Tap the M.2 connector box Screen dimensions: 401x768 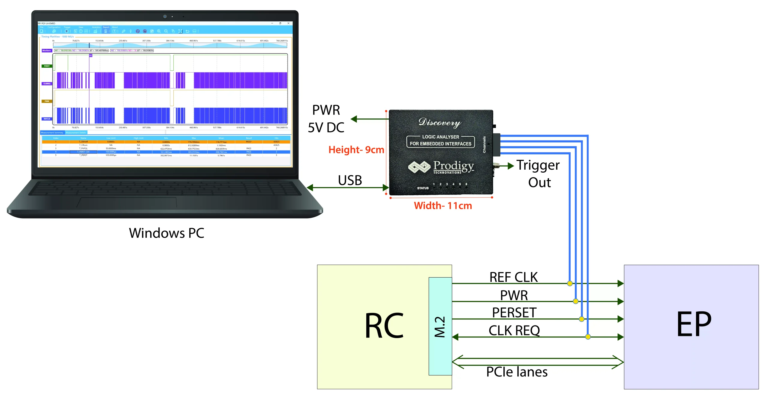pos(440,326)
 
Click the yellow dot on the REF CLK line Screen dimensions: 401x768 pos(570,283)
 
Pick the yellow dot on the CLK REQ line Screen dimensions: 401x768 pos(588,337)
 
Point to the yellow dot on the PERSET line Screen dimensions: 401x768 pos(582,319)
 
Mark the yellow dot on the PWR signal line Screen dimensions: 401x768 pos(575,301)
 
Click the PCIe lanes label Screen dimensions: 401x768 pos(517,372)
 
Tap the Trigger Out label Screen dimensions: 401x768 pos(538,174)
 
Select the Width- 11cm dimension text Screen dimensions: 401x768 pos(443,206)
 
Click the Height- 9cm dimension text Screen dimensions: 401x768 pos(356,150)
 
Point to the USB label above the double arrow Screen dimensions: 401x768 pos(350,180)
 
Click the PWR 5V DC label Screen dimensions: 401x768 pos(326,119)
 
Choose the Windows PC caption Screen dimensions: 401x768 pos(166,233)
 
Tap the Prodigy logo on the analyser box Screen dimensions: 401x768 pos(441,167)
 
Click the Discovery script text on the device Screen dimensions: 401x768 pos(440,122)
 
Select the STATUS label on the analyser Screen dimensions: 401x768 pos(423,188)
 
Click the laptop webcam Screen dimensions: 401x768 pos(165,16)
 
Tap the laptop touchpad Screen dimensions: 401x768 pos(127,203)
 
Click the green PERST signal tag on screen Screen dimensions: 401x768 pos(47,66)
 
